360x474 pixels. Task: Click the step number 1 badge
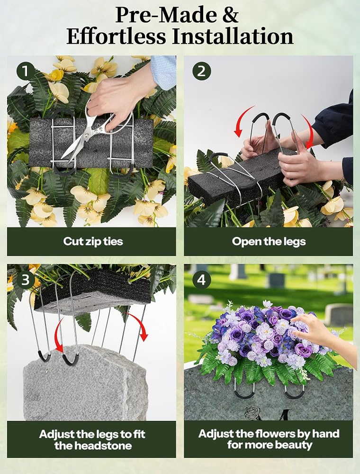[26, 71]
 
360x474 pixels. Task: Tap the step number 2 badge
[201, 71]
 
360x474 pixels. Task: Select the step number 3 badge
[26, 280]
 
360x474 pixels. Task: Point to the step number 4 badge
[201, 280]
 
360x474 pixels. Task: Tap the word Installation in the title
[233, 36]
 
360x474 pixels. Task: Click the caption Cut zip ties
[93, 242]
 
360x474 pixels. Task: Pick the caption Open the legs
[269, 242]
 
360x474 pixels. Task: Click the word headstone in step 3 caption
[93, 446]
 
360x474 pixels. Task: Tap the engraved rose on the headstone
[252, 413]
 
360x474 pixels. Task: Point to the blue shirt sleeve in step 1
[163, 72]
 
